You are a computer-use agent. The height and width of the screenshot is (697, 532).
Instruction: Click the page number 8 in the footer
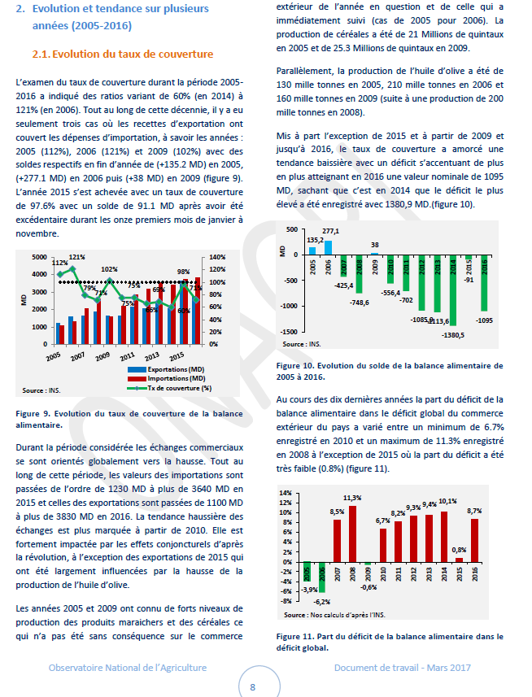tap(253, 686)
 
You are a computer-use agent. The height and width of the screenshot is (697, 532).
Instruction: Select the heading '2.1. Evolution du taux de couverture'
tap(122, 54)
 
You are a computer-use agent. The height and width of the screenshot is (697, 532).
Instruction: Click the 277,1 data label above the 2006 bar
tap(330, 232)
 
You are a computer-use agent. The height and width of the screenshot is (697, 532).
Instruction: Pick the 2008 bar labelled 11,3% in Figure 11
tap(352, 534)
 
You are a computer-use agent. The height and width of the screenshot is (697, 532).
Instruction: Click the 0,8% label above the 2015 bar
tap(460, 550)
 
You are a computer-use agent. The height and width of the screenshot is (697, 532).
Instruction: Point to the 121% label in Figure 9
tap(76, 257)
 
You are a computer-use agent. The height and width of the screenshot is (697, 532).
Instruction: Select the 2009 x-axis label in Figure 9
tap(102, 357)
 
